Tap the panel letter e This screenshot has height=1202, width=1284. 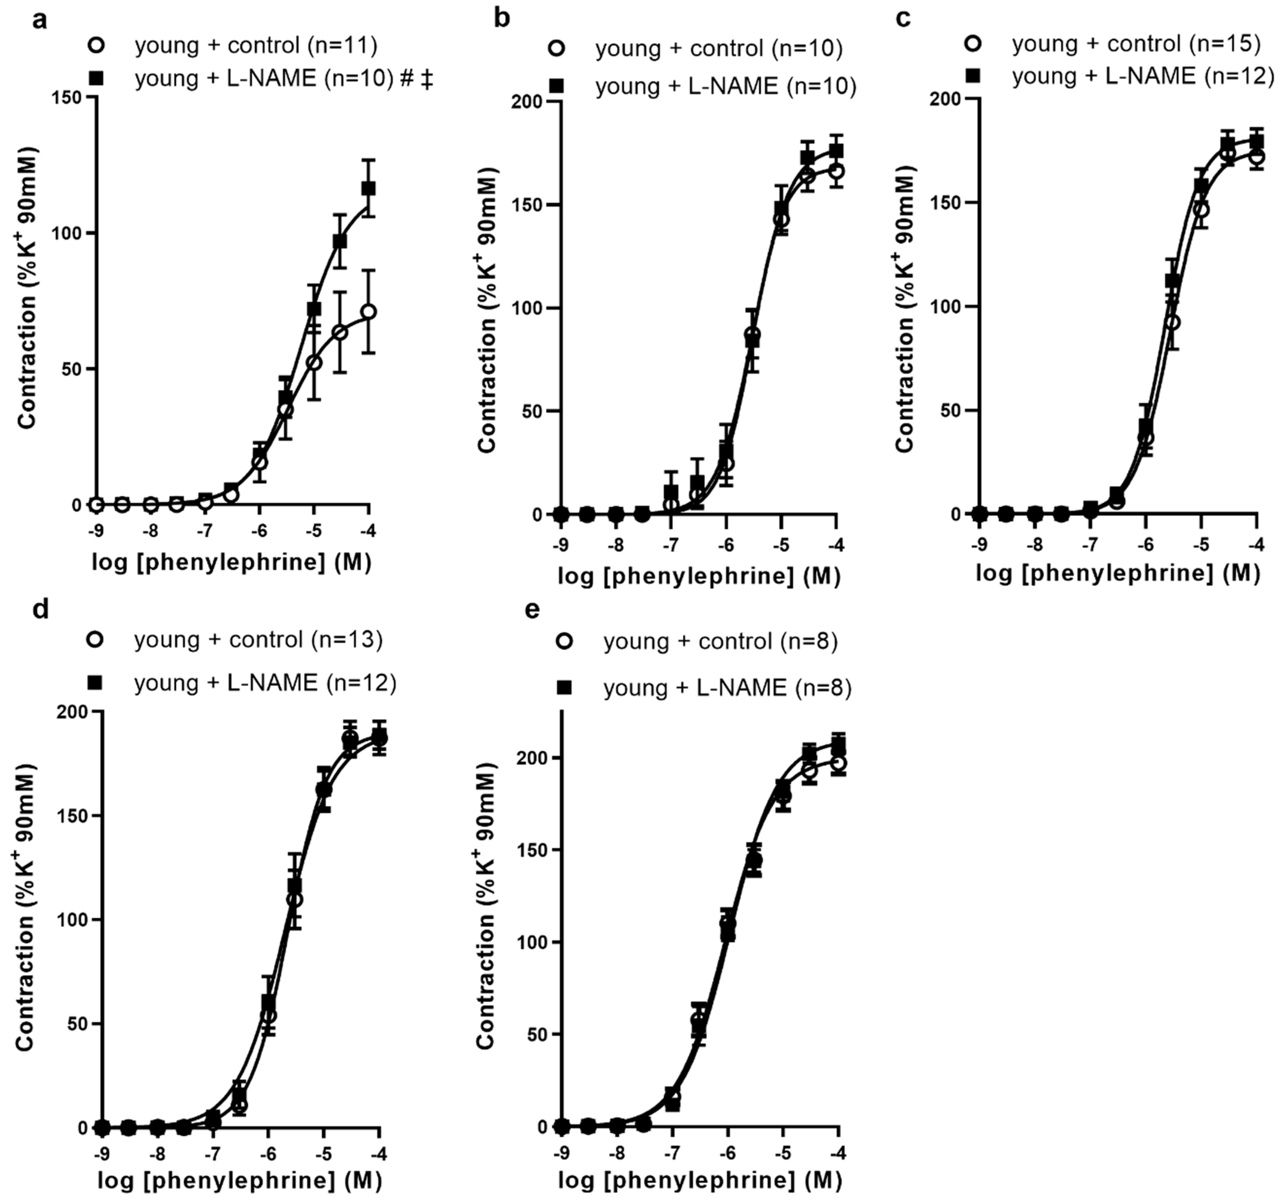[x=532, y=609]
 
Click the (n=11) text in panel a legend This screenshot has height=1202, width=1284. [x=342, y=45]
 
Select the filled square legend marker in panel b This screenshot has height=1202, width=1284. [x=557, y=85]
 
